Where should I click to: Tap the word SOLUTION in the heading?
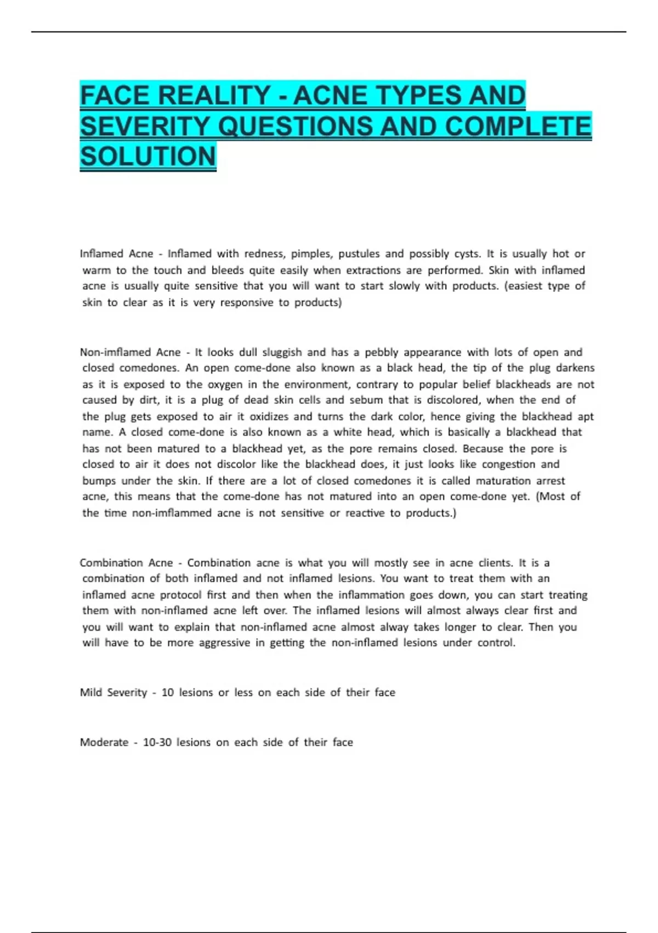coord(148,156)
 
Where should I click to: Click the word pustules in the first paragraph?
coord(359,254)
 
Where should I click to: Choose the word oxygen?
coord(225,384)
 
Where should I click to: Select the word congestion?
coord(508,464)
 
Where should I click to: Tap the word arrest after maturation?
coord(551,481)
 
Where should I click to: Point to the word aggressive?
coord(224,643)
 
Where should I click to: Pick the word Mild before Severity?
coord(91,693)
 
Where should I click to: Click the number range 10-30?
coord(157,743)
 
